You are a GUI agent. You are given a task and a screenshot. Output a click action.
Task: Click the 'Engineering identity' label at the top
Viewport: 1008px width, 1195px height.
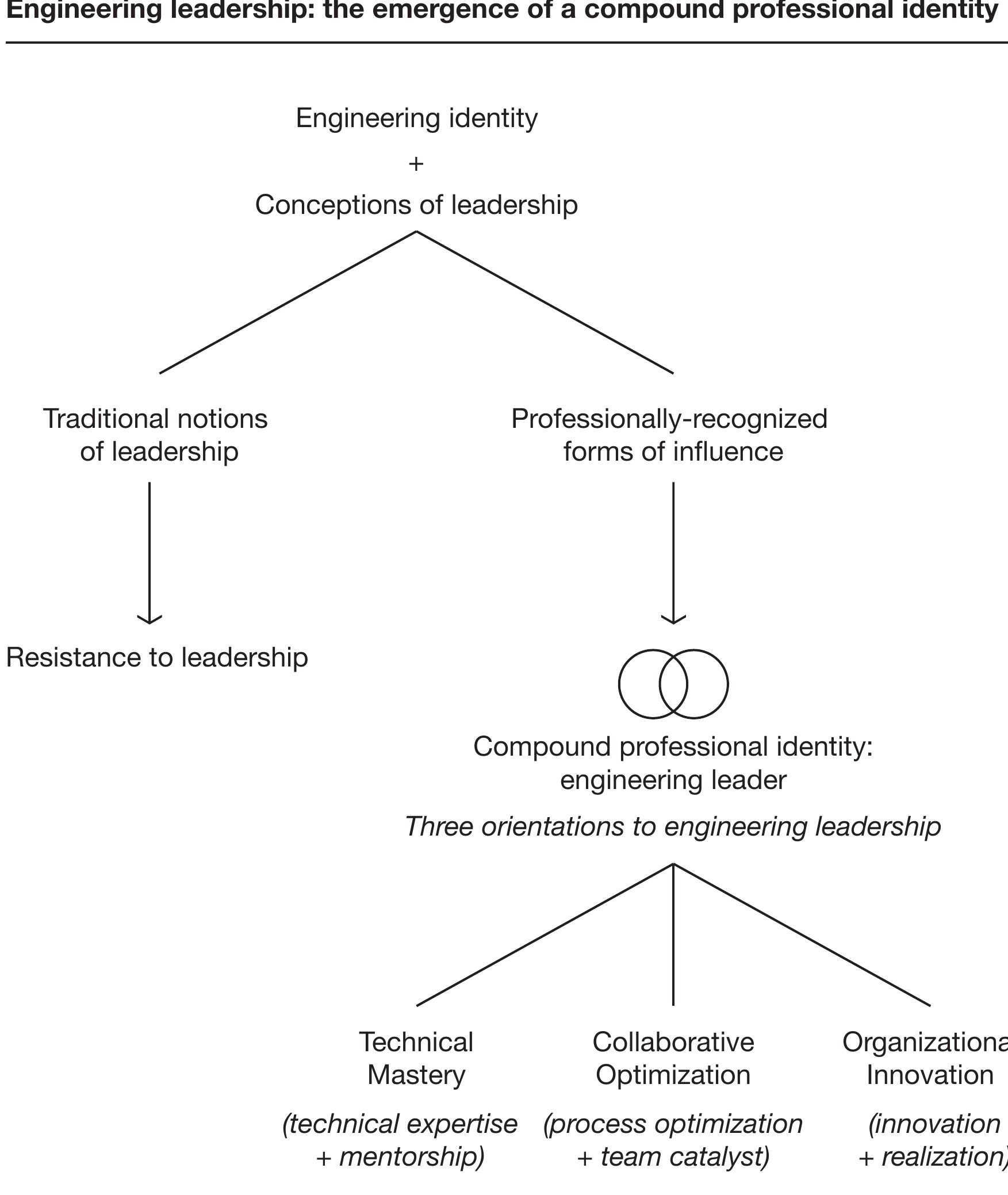pos(416,118)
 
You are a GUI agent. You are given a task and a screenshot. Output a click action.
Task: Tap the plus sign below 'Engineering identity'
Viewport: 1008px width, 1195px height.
pos(416,164)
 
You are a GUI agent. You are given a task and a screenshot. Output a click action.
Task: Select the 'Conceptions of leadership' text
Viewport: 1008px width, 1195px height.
pos(416,205)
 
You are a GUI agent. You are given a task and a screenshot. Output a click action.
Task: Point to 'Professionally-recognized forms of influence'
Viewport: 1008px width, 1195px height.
pos(670,435)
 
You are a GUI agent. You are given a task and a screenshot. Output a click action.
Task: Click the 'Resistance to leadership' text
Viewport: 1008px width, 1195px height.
pos(157,657)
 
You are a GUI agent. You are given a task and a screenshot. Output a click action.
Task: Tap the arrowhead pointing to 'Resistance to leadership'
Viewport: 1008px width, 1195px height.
pos(150,619)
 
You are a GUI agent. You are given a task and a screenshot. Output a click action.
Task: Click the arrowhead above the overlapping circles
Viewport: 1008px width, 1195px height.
pos(673,619)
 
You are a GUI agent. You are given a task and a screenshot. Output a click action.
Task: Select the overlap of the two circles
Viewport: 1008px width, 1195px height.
pos(673,684)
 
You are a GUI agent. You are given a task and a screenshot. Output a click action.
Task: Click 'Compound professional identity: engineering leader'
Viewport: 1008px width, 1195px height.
pos(673,763)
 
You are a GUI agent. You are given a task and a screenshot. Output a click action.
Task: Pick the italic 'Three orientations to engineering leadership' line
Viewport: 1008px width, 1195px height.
pos(673,827)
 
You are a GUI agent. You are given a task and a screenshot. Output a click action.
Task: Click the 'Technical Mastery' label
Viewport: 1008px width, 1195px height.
pos(416,1059)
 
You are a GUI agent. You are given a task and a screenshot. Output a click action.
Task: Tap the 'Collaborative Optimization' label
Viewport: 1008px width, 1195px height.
pos(673,1059)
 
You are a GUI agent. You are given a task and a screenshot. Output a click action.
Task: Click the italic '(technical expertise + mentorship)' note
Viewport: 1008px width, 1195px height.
pos(400,1140)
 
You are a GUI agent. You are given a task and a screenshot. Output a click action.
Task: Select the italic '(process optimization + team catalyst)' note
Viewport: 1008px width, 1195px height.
pos(673,1140)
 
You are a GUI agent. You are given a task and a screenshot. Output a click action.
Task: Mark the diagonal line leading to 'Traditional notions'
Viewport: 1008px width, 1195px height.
pos(288,302)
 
